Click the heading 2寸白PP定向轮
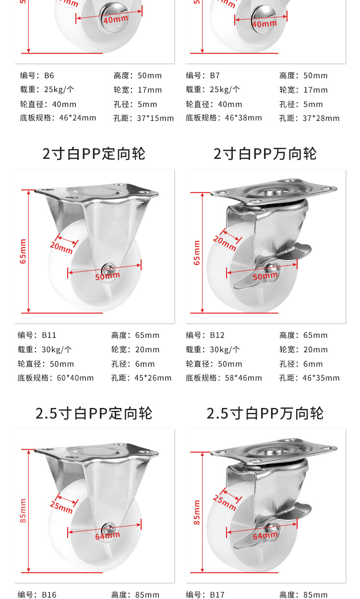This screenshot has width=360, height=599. tap(94, 154)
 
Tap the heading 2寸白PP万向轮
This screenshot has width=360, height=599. tap(265, 154)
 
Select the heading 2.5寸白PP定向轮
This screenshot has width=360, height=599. tap(94, 413)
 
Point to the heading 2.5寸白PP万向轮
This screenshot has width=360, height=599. tap(265, 413)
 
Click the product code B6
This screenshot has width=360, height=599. tap(49, 76)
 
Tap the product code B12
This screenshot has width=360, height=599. tap(217, 335)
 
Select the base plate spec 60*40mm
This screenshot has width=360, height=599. tap(75, 378)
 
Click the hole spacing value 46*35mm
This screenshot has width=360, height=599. tap(321, 378)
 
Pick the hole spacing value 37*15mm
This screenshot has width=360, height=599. tap(156, 118)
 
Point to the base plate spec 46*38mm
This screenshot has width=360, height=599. tap(243, 118)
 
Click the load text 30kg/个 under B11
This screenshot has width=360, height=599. tap(57, 349)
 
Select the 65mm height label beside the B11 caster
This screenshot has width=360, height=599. tap(23, 252)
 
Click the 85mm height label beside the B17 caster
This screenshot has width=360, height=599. tap(197, 512)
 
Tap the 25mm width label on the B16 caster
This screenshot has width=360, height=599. tap(61, 507)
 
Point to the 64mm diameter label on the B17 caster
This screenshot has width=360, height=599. tap(265, 536)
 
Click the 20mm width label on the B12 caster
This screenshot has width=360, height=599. tap(224, 243)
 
